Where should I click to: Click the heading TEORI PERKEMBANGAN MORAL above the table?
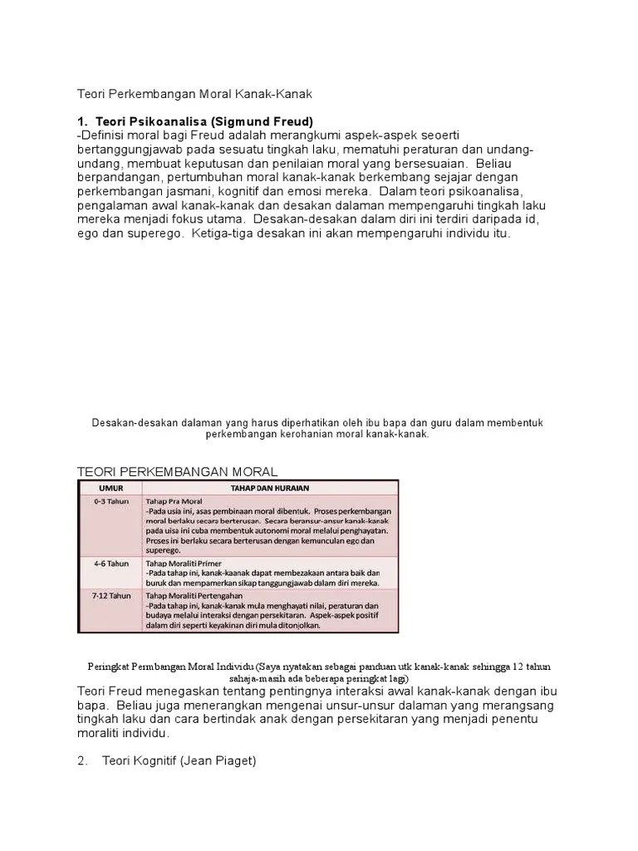click(177, 471)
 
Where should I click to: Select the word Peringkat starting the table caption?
click(109, 667)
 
